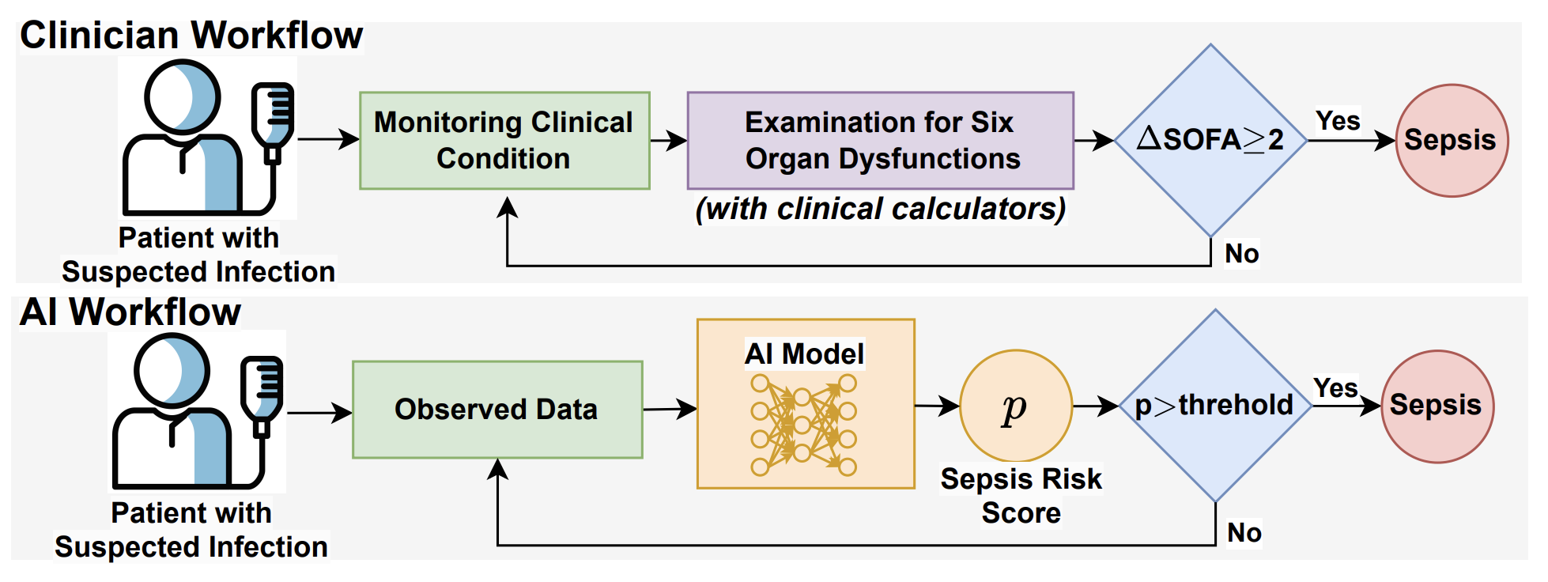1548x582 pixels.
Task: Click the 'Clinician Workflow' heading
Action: tap(191, 36)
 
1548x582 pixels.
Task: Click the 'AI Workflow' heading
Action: tap(130, 312)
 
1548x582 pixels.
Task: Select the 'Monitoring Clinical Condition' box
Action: tap(504, 141)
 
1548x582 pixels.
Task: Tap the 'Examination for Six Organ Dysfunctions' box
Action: tap(880, 141)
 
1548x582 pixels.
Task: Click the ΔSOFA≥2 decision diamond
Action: tap(1210, 141)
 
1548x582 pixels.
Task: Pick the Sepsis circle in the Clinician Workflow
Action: tap(1452, 141)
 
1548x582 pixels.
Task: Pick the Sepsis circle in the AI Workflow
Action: tap(1437, 406)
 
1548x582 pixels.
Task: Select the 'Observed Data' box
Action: tap(497, 410)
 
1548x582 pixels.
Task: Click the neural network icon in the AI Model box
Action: tap(804, 425)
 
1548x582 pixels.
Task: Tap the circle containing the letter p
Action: tap(1016, 406)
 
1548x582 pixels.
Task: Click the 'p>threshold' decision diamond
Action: tap(1215, 406)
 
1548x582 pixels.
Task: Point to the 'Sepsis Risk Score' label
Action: tap(1021, 496)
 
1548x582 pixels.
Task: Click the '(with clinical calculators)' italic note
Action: tap(880, 210)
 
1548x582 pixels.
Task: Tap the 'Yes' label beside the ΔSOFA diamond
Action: tap(1338, 121)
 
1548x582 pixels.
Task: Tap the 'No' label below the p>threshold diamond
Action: tap(1244, 532)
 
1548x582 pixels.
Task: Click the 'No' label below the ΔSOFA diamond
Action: tap(1242, 254)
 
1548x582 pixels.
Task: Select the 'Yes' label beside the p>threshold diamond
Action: tap(1335, 388)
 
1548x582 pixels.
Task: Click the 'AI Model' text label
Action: tap(805, 353)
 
